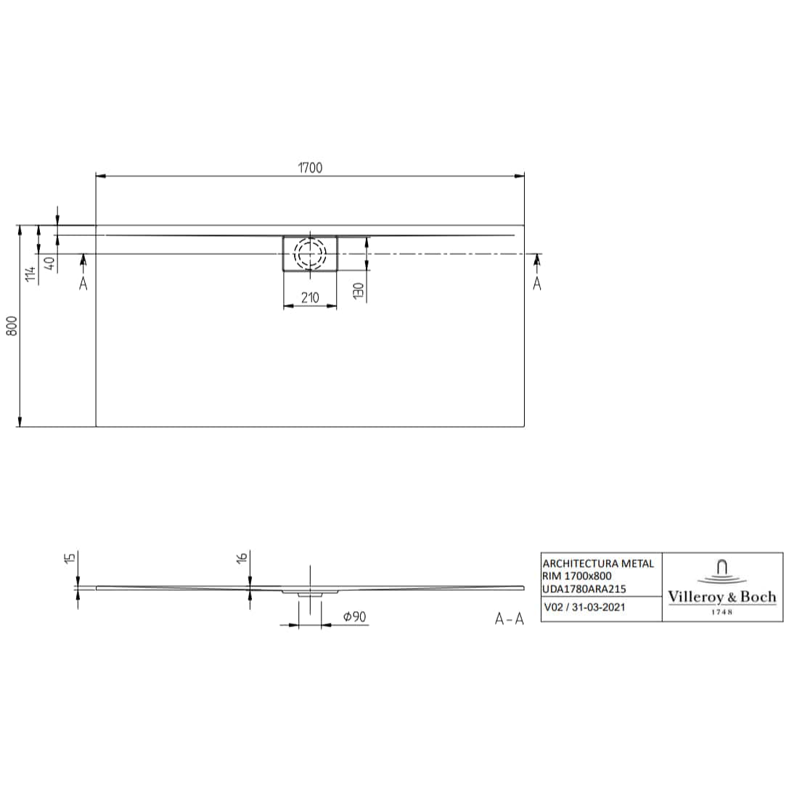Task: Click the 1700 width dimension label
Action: [x=310, y=168]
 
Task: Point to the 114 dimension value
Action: [x=30, y=274]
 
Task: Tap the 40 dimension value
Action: [x=49, y=263]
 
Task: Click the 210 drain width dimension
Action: [x=310, y=298]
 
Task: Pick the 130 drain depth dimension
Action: [x=358, y=290]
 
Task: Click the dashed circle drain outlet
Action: [x=310, y=254]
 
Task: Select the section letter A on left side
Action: [x=83, y=284]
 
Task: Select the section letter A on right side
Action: [x=537, y=284]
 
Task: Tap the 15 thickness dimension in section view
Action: [x=69, y=558]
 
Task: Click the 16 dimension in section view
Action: [x=242, y=557]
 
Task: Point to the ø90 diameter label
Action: [x=354, y=617]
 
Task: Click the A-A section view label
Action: [x=509, y=618]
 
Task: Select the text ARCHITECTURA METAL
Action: [x=598, y=563]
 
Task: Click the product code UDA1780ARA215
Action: [x=585, y=589]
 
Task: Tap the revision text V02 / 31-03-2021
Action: [x=584, y=608]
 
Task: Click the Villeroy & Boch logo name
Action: [x=721, y=597]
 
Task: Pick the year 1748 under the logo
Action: [x=721, y=612]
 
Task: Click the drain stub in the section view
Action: [x=310, y=593]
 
